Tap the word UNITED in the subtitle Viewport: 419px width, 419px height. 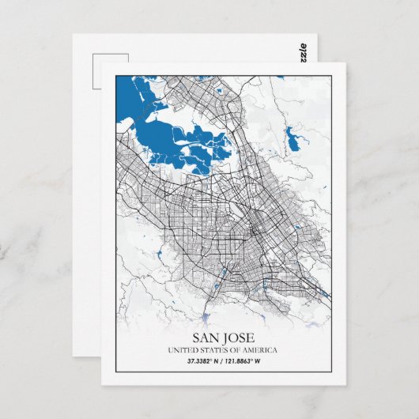click(183, 350)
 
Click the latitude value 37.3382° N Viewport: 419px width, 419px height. click(204, 361)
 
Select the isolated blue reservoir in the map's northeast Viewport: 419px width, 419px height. click(298, 142)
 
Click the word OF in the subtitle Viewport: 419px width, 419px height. click(238, 350)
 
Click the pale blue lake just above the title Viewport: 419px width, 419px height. click(208, 318)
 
